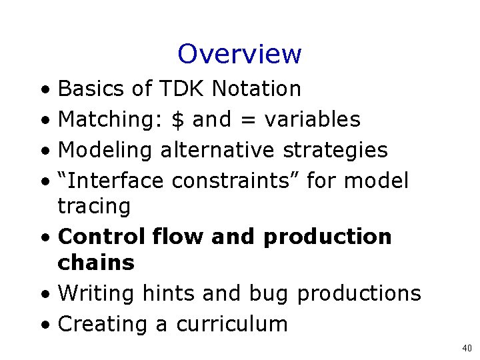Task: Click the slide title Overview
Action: click(x=239, y=54)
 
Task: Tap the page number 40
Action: click(x=466, y=348)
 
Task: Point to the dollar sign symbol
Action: click(x=177, y=119)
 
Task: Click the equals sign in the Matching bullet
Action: click(x=247, y=120)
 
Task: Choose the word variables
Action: click(x=312, y=119)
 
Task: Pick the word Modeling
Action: click(x=106, y=150)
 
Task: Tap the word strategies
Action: click(x=335, y=150)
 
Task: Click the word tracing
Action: click(x=94, y=206)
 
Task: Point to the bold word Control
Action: click(x=101, y=237)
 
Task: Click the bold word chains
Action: click(x=96, y=263)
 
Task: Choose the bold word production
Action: click(x=327, y=237)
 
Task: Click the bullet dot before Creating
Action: click(x=43, y=325)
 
